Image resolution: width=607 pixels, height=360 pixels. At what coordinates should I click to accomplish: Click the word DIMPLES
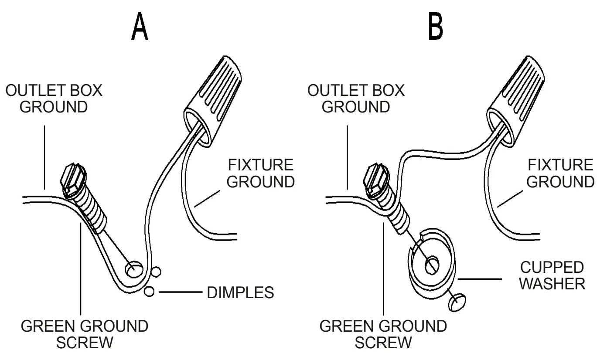[240, 292]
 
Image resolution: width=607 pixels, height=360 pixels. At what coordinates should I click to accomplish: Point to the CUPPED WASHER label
[552, 276]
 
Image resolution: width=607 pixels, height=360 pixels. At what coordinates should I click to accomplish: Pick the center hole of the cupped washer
[432, 265]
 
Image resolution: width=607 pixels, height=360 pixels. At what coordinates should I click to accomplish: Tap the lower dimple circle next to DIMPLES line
[149, 292]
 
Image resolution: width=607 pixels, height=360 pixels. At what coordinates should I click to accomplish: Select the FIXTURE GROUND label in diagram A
[260, 173]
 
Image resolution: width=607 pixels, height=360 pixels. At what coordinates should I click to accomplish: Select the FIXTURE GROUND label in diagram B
[560, 173]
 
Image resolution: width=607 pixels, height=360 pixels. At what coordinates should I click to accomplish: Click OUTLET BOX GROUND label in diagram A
[53, 98]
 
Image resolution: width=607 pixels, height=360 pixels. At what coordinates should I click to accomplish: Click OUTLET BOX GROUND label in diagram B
[355, 98]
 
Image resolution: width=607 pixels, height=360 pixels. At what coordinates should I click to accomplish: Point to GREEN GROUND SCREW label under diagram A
[85, 334]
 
